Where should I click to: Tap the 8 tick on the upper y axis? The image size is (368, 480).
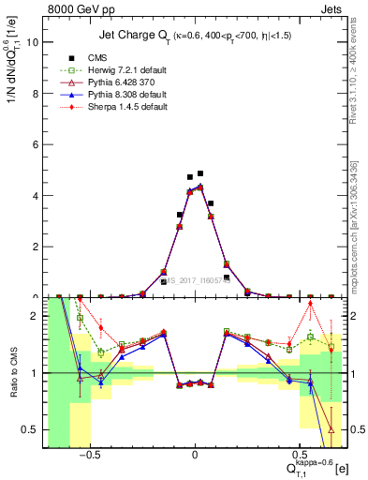37,94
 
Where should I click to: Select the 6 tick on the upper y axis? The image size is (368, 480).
37,144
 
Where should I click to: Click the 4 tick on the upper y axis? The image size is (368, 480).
37,196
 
